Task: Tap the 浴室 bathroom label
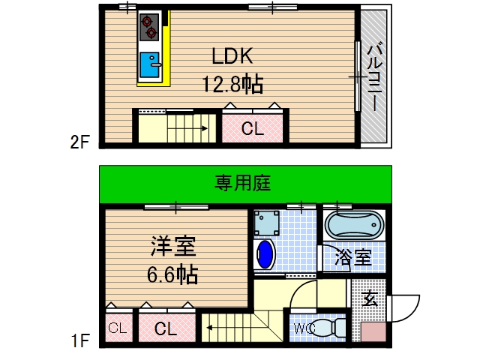(353, 258)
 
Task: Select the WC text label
(304, 328)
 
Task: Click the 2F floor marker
(80, 139)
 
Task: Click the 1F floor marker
(80, 341)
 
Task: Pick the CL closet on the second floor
(252, 128)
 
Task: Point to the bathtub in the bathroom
(355, 226)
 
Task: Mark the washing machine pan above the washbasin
(265, 223)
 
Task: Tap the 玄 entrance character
(369, 301)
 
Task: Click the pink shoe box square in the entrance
(372, 333)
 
